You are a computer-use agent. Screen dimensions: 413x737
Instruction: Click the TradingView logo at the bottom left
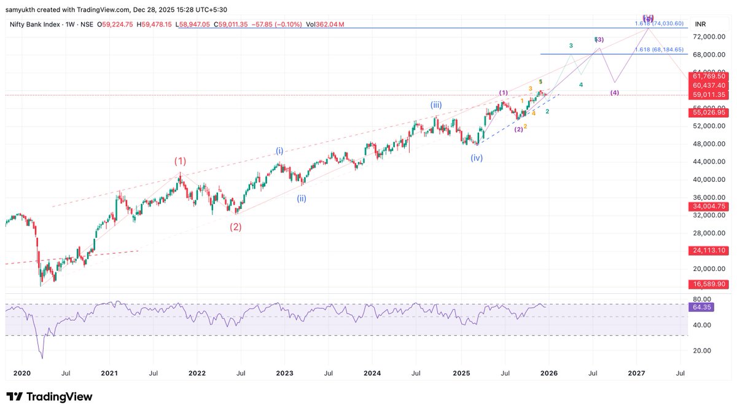point(49,397)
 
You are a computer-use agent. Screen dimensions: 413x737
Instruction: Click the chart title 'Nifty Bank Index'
point(34,24)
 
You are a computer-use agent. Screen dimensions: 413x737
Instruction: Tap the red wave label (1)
point(179,161)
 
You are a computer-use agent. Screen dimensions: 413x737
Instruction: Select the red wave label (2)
point(236,226)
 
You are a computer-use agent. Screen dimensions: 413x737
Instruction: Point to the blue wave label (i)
point(279,151)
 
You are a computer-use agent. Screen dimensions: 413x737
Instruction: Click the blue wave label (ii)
point(302,198)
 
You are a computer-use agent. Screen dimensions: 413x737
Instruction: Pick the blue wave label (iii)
point(436,105)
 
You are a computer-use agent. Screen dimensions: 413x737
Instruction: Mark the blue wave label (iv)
point(477,158)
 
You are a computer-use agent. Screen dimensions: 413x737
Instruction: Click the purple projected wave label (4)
point(614,93)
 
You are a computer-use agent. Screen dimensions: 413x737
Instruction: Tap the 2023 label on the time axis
point(284,373)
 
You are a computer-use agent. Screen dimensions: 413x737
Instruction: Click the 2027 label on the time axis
point(636,373)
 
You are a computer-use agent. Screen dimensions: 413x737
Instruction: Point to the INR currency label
point(700,24)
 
